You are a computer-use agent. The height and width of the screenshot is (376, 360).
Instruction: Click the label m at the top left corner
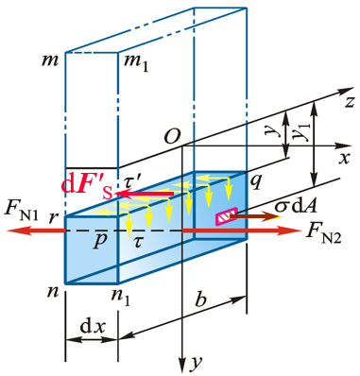tap(50, 60)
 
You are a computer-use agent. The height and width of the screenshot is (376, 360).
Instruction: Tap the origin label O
tap(172, 137)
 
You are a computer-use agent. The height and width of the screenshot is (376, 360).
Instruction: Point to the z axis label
tap(348, 102)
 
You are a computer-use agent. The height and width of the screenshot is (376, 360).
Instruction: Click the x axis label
tap(344, 159)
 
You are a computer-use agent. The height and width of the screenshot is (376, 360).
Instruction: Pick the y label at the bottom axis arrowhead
tap(196, 365)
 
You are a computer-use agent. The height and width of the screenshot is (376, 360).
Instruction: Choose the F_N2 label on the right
tap(323, 235)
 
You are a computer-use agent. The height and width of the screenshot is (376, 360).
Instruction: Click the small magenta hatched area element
tap(226, 216)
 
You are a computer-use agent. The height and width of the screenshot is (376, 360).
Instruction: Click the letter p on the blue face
tap(101, 242)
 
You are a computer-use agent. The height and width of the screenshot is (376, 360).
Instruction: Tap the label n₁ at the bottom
tap(120, 298)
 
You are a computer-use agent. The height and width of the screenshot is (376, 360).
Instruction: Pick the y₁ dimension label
tap(305, 129)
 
